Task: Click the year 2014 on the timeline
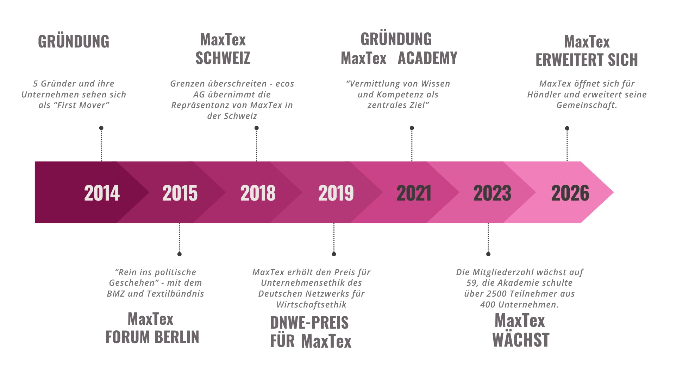[102, 193]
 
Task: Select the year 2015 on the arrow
[180, 193]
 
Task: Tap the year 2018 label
[258, 193]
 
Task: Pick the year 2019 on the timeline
[336, 193]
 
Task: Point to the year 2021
[414, 193]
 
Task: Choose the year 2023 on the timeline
[492, 193]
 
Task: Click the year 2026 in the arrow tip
[570, 193]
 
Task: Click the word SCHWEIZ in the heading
[223, 58]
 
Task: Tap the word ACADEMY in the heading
[427, 58]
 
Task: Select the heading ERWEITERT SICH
[587, 60]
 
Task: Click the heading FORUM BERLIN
[152, 337]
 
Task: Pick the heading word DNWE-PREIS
[309, 323]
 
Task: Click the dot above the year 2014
[101, 128]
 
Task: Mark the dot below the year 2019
[334, 254]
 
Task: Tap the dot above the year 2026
[567, 128]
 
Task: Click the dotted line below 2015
[180, 237]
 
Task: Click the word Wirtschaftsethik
[312, 304]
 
